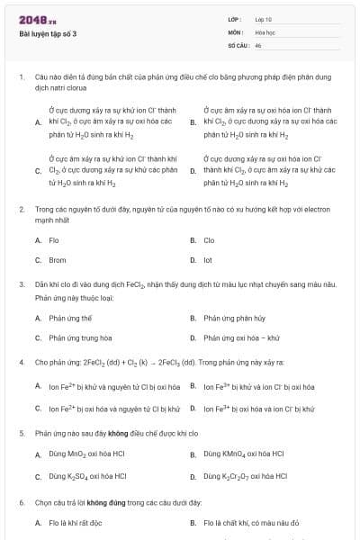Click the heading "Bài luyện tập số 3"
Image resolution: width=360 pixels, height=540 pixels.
49,34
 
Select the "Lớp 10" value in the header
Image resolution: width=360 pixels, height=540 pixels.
263,19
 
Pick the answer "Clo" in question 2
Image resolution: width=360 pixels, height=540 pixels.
209,240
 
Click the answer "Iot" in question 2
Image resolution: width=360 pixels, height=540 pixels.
208,260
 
